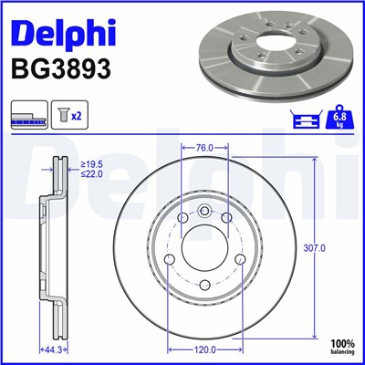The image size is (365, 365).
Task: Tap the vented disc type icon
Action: click(x=26, y=118)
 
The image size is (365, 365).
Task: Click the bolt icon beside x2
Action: click(x=63, y=118)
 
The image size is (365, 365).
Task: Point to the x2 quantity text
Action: click(x=78, y=118)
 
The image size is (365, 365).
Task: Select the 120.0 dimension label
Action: click(x=205, y=349)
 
